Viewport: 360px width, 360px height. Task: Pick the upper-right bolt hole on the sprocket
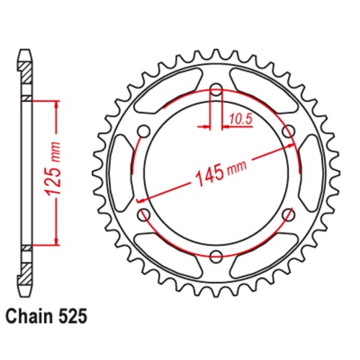(x=289, y=131)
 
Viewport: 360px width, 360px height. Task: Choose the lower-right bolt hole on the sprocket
(x=289, y=214)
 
